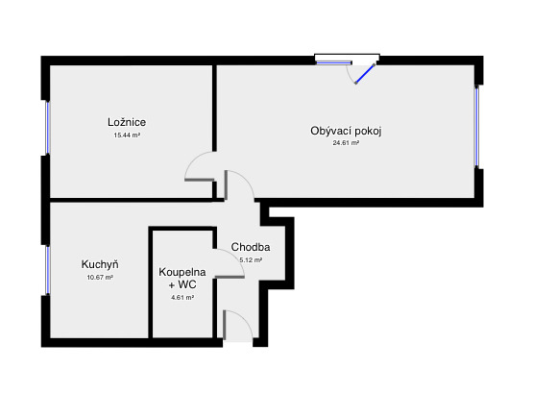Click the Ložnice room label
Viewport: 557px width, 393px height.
127,122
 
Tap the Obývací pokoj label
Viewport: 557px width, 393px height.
346,131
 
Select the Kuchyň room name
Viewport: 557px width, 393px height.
100,264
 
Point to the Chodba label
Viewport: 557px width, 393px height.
251,247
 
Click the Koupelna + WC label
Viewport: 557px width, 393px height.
182,279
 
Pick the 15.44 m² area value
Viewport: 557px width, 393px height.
127,135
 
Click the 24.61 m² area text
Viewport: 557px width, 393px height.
346,143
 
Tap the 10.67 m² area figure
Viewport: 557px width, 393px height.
100,277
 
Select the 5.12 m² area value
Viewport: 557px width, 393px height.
251,259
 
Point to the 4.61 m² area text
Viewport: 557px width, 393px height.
182,298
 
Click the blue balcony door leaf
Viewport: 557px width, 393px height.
365,74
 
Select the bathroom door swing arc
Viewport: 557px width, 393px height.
234,256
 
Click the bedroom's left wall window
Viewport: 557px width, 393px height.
47,127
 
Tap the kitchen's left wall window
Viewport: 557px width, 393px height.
47,270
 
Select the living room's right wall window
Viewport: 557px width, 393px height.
476,127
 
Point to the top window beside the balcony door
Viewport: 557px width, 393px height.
333,62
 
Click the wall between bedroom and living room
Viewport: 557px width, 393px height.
214,108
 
